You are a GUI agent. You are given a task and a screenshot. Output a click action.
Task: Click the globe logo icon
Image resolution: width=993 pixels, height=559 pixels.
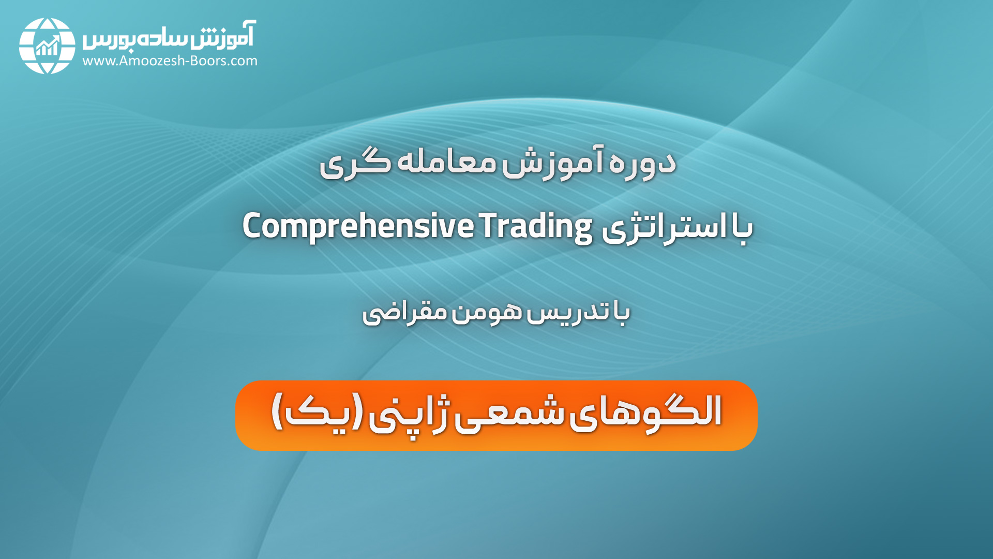pyautogui.click(x=47, y=46)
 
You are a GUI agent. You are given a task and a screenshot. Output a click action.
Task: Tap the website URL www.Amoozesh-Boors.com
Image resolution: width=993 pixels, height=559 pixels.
pyautogui.click(x=170, y=61)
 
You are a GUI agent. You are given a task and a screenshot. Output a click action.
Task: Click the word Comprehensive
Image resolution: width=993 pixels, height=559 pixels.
pyautogui.click(x=358, y=227)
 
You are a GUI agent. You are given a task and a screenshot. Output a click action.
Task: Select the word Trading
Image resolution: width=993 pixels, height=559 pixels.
pyautogui.click(x=536, y=227)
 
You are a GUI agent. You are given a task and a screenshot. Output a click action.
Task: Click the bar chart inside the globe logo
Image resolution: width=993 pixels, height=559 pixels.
pyautogui.click(x=47, y=46)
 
